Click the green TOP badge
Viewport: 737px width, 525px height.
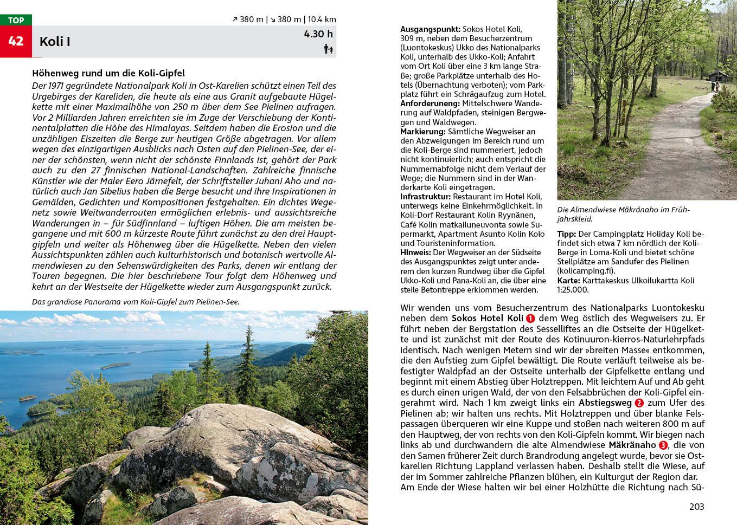16,20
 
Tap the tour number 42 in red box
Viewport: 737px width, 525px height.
16,41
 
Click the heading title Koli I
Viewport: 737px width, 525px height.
55,42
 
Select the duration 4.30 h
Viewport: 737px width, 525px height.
318,34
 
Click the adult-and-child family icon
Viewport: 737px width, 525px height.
328,49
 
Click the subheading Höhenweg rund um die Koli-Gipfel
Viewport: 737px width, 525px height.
108,73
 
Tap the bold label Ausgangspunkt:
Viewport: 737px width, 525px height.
430,29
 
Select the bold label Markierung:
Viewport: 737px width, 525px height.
422,131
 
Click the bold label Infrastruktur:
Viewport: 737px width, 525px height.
425,196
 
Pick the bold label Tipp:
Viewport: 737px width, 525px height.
566,234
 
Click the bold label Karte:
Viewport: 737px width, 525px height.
568,280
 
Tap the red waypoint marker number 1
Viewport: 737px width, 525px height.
530,319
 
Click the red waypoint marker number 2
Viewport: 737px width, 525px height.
639,403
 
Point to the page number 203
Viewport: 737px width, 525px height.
696,507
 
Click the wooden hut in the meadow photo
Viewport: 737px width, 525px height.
719,76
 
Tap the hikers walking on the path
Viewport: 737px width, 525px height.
715,86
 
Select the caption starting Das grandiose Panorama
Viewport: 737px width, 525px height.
136,302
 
